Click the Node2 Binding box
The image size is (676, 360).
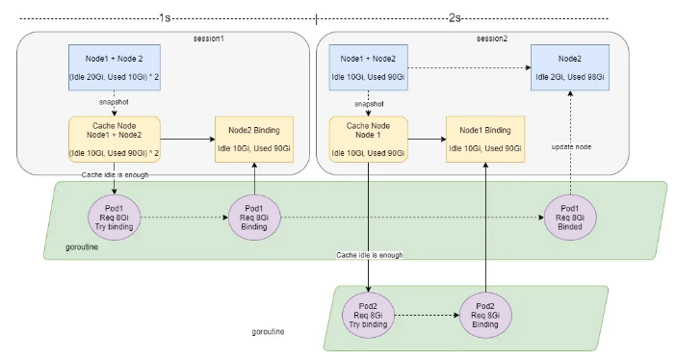[x=254, y=140]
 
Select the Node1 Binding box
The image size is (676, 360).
[x=485, y=140]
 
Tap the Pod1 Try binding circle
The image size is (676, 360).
[x=115, y=218]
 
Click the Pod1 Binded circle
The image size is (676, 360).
[x=570, y=218]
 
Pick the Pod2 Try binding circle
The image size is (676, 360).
[x=368, y=315]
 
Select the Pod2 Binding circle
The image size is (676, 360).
[x=485, y=315]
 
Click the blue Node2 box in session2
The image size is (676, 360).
[x=570, y=67]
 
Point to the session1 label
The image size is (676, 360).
[x=209, y=39]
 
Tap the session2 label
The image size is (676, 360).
[x=492, y=39]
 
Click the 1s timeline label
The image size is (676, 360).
[x=165, y=18]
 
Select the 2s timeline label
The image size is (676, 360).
[x=455, y=18]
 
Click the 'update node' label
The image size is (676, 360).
[x=571, y=147]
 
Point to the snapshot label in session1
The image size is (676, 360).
[x=114, y=102]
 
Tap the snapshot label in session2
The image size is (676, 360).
[x=369, y=104]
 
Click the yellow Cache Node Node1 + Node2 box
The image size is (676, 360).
[x=115, y=140]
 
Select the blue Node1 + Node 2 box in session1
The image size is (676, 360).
[x=115, y=67]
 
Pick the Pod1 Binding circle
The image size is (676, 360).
[x=254, y=218]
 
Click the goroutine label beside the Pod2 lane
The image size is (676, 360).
[x=268, y=331]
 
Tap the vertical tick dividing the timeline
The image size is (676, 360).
[x=317, y=19]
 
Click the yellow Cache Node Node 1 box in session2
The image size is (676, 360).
[x=368, y=140]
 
